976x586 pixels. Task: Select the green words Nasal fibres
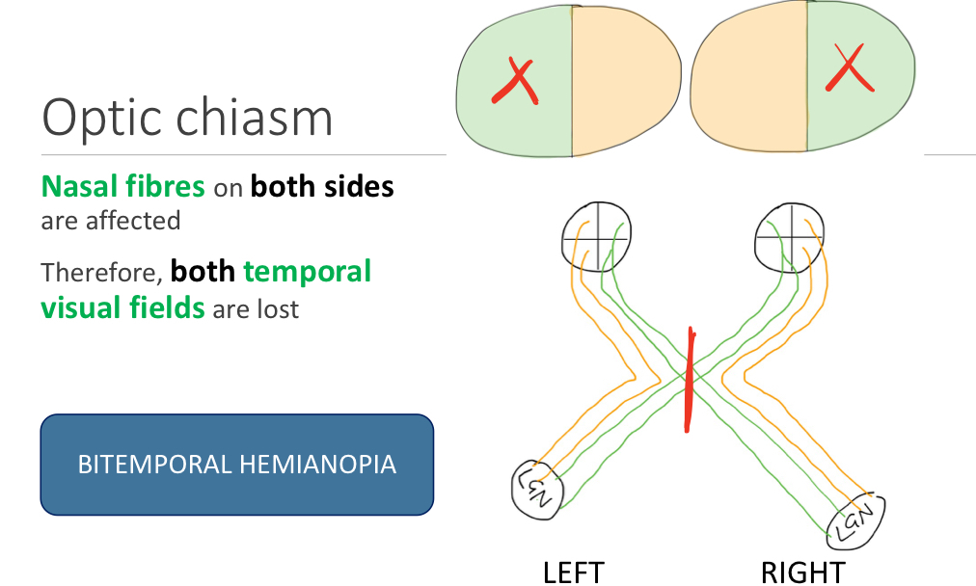click(122, 186)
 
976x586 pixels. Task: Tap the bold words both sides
click(322, 186)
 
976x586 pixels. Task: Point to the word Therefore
click(100, 273)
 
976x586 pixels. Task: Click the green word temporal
click(308, 272)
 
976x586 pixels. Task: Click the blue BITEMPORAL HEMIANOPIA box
click(236, 465)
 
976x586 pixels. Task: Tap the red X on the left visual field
click(514, 82)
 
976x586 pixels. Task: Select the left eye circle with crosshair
click(596, 236)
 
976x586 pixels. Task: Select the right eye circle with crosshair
click(790, 236)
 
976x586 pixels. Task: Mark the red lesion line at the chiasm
click(689, 381)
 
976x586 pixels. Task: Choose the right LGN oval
click(855, 520)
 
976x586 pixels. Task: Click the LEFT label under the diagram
click(573, 573)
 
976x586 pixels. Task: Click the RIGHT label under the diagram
click(802, 573)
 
